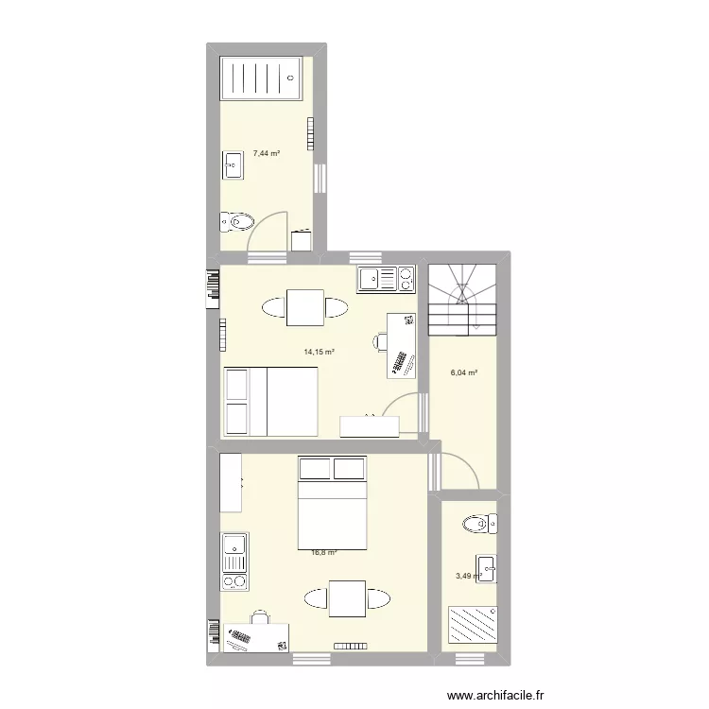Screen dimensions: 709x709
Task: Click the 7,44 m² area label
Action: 266,153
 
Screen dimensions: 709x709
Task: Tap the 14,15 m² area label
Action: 319,352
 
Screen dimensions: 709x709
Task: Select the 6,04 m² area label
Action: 463,372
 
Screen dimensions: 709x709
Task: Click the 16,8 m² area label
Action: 324,554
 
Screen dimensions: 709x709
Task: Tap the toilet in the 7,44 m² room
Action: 236,222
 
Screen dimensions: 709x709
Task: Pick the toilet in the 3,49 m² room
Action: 477,523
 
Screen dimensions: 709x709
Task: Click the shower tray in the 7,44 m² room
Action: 262,78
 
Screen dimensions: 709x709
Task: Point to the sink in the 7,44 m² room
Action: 233,166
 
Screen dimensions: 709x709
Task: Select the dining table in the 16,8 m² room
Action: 347,598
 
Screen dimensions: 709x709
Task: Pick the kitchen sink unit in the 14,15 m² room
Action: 386,279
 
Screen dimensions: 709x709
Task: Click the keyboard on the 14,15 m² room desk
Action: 400,363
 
